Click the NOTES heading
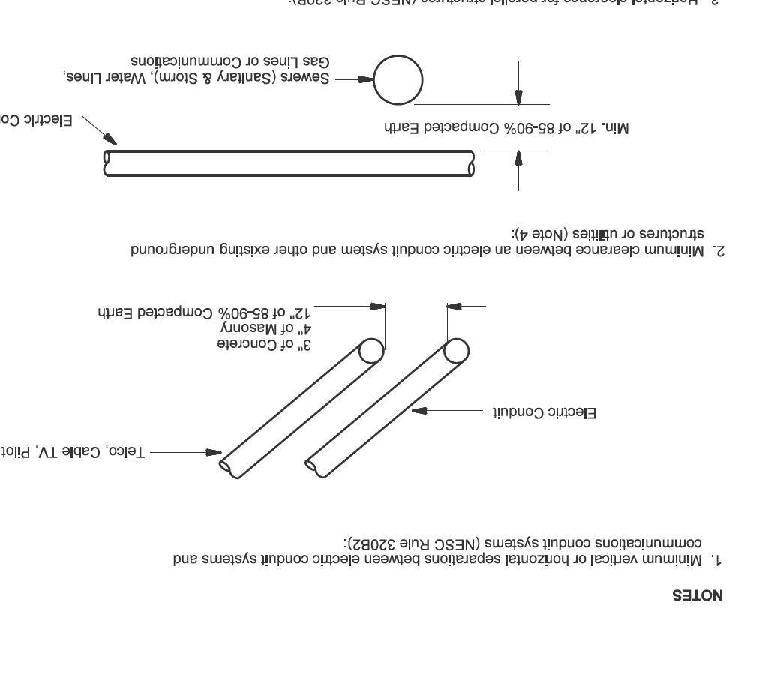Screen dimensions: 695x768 click(697, 596)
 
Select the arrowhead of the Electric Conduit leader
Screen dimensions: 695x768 click(420, 411)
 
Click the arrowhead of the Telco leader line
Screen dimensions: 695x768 click(214, 452)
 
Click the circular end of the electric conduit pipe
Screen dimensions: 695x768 click(456, 350)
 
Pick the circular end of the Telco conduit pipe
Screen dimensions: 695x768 click(370, 350)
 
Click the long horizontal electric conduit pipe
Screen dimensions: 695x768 click(289, 163)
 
